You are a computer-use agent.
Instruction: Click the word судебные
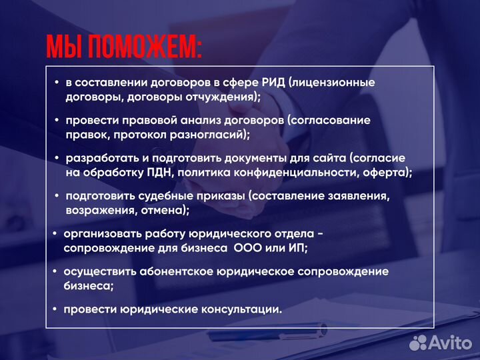tap(167, 197)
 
